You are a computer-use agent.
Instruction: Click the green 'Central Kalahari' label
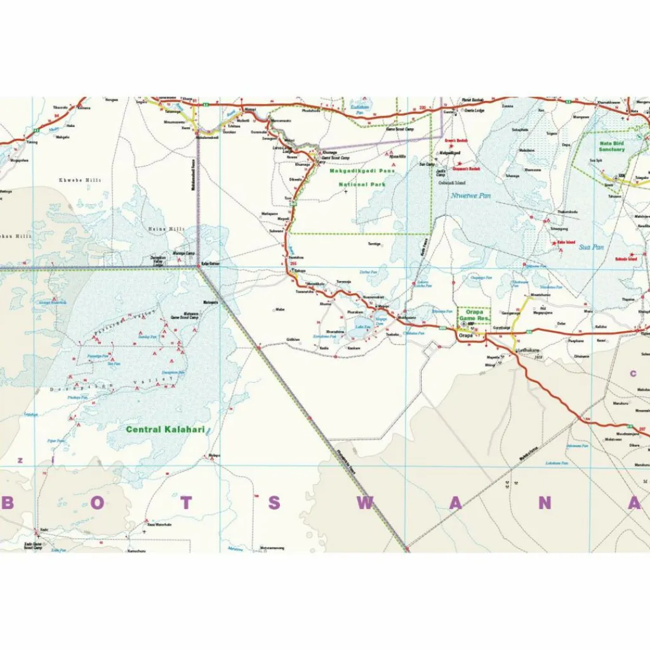click(165, 430)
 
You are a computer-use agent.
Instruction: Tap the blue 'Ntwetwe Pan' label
click(471, 196)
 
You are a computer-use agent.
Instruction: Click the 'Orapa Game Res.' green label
click(474, 315)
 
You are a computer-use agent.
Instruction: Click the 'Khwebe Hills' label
click(80, 181)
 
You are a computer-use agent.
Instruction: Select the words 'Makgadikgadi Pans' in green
click(361, 171)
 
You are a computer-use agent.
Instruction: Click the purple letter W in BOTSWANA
click(365, 503)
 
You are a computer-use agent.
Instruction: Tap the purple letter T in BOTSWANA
click(185, 503)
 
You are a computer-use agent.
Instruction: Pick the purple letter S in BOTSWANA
click(274, 503)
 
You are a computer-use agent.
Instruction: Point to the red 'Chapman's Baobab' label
click(467, 169)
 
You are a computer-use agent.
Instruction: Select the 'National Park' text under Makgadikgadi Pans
click(361, 185)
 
